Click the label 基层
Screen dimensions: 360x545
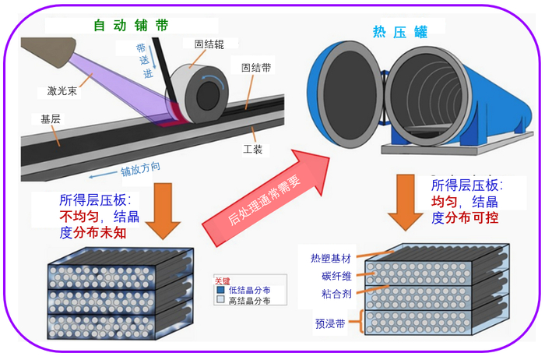coord(40,119)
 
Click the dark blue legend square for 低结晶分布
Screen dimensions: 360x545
coord(220,290)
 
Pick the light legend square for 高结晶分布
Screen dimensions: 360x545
coord(220,299)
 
